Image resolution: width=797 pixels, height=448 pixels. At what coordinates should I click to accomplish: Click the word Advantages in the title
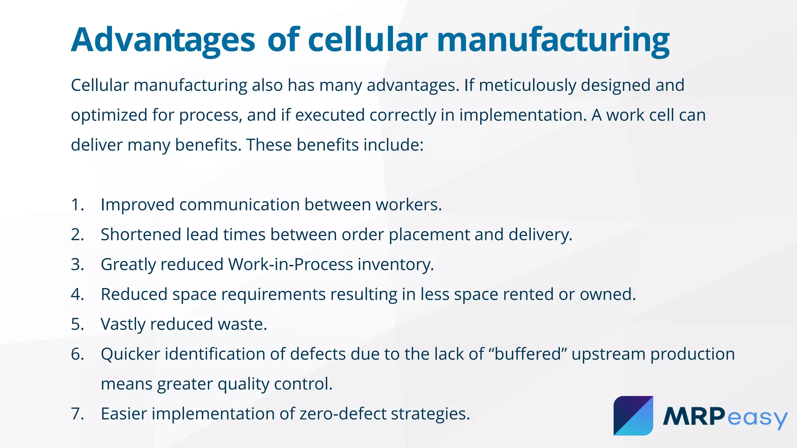tap(163, 40)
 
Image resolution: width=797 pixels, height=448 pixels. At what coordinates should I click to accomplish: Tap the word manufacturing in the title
tap(553, 40)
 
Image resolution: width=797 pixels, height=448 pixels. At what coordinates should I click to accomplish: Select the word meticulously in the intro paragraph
tap(527, 85)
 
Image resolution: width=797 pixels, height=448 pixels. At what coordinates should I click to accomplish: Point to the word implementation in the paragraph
tap(522, 115)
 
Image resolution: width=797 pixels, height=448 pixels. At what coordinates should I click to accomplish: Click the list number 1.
tap(77, 205)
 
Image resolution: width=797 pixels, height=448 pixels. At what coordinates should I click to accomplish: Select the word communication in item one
tap(239, 205)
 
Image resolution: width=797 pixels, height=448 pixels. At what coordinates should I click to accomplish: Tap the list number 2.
tap(77, 234)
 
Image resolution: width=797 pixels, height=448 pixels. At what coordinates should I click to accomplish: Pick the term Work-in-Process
tap(290, 264)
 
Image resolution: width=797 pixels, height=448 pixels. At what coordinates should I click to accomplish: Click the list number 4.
tap(77, 294)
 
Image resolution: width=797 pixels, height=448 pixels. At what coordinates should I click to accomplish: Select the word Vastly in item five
tap(123, 324)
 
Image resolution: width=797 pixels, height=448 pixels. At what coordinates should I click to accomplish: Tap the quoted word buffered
tap(527, 354)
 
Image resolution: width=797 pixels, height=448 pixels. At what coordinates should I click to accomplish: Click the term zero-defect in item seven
tap(342, 414)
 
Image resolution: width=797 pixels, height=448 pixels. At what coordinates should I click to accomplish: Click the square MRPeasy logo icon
tap(633, 416)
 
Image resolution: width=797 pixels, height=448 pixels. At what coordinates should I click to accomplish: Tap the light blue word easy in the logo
tap(757, 418)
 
